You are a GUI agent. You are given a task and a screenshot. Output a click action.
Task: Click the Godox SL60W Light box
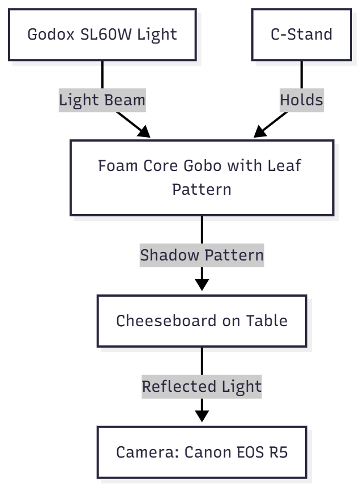point(102,35)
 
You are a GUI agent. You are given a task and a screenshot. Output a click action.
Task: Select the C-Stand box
point(301,35)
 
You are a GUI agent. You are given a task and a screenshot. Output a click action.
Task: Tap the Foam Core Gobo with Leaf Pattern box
point(202,177)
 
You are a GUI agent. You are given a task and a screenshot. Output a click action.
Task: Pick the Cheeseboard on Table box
point(202,321)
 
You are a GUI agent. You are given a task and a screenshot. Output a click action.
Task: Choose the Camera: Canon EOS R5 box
point(202,452)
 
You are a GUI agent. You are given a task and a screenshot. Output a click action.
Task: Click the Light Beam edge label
point(102,100)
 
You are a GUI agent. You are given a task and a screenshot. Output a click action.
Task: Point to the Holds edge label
point(301,100)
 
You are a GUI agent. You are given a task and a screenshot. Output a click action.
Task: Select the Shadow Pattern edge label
point(202,255)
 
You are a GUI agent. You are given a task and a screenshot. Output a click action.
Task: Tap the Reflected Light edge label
point(202,387)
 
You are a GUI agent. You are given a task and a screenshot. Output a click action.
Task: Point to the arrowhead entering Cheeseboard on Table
point(202,283)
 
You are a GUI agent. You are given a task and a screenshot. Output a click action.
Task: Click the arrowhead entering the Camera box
point(202,415)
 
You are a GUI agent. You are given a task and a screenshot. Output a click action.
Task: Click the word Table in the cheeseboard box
point(266,321)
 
